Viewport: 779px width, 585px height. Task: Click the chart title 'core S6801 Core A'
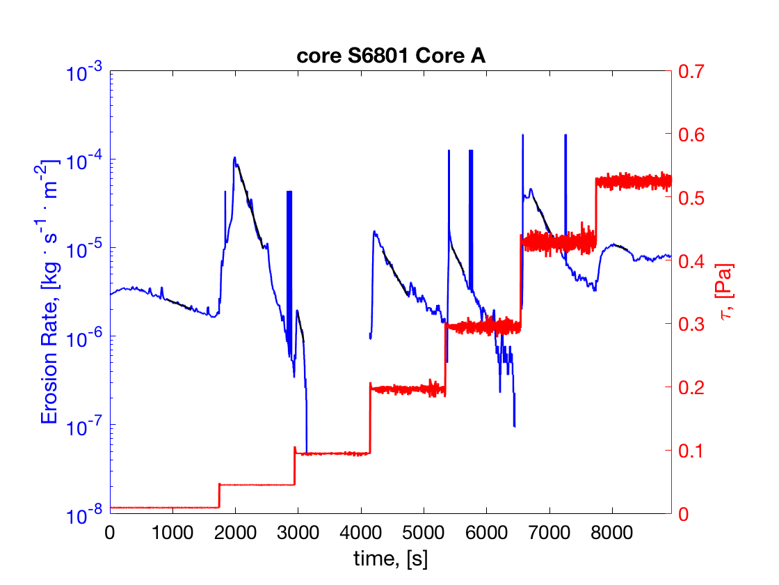[x=390, y=57]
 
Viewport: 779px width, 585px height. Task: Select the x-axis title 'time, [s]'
[x=390, y=557]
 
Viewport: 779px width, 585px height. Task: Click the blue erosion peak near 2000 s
[x=235, y=158]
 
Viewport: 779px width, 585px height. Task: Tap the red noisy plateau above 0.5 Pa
[x=633, y=182]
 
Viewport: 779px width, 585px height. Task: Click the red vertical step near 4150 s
[x=370, y=418]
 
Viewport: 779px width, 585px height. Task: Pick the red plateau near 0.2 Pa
[x=407, y=389]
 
